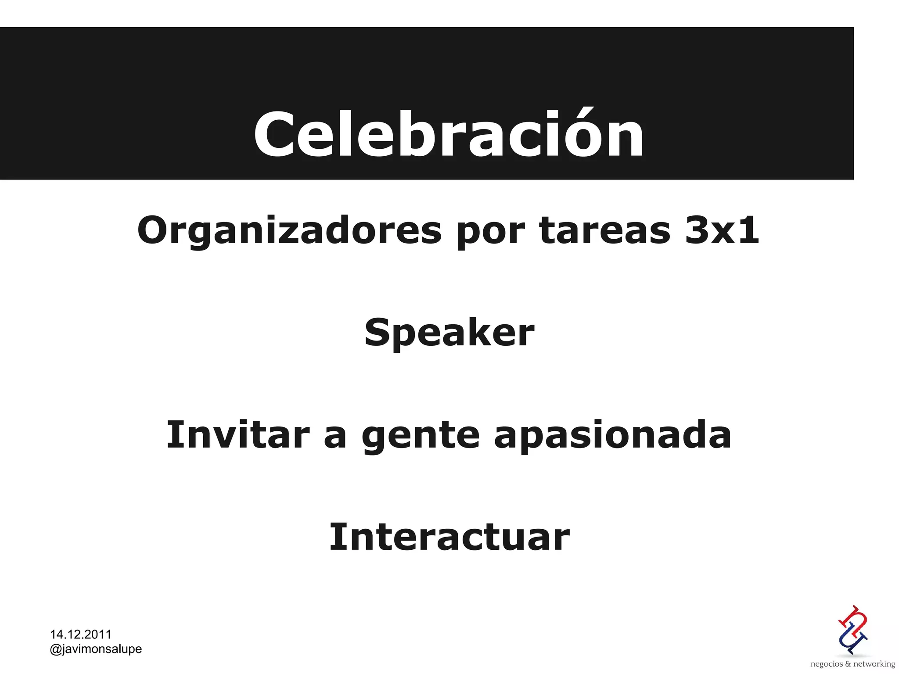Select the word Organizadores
(289, 231)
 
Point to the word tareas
(605, 230)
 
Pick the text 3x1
(722, 230)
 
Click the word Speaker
(449, 333)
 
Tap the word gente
(421, 436)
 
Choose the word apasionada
(612, 436)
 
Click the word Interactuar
(449, 537)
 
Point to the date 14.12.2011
(81, 634)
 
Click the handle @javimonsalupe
(96, 649)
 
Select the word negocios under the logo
(826, 664)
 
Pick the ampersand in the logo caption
(848, 664)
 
